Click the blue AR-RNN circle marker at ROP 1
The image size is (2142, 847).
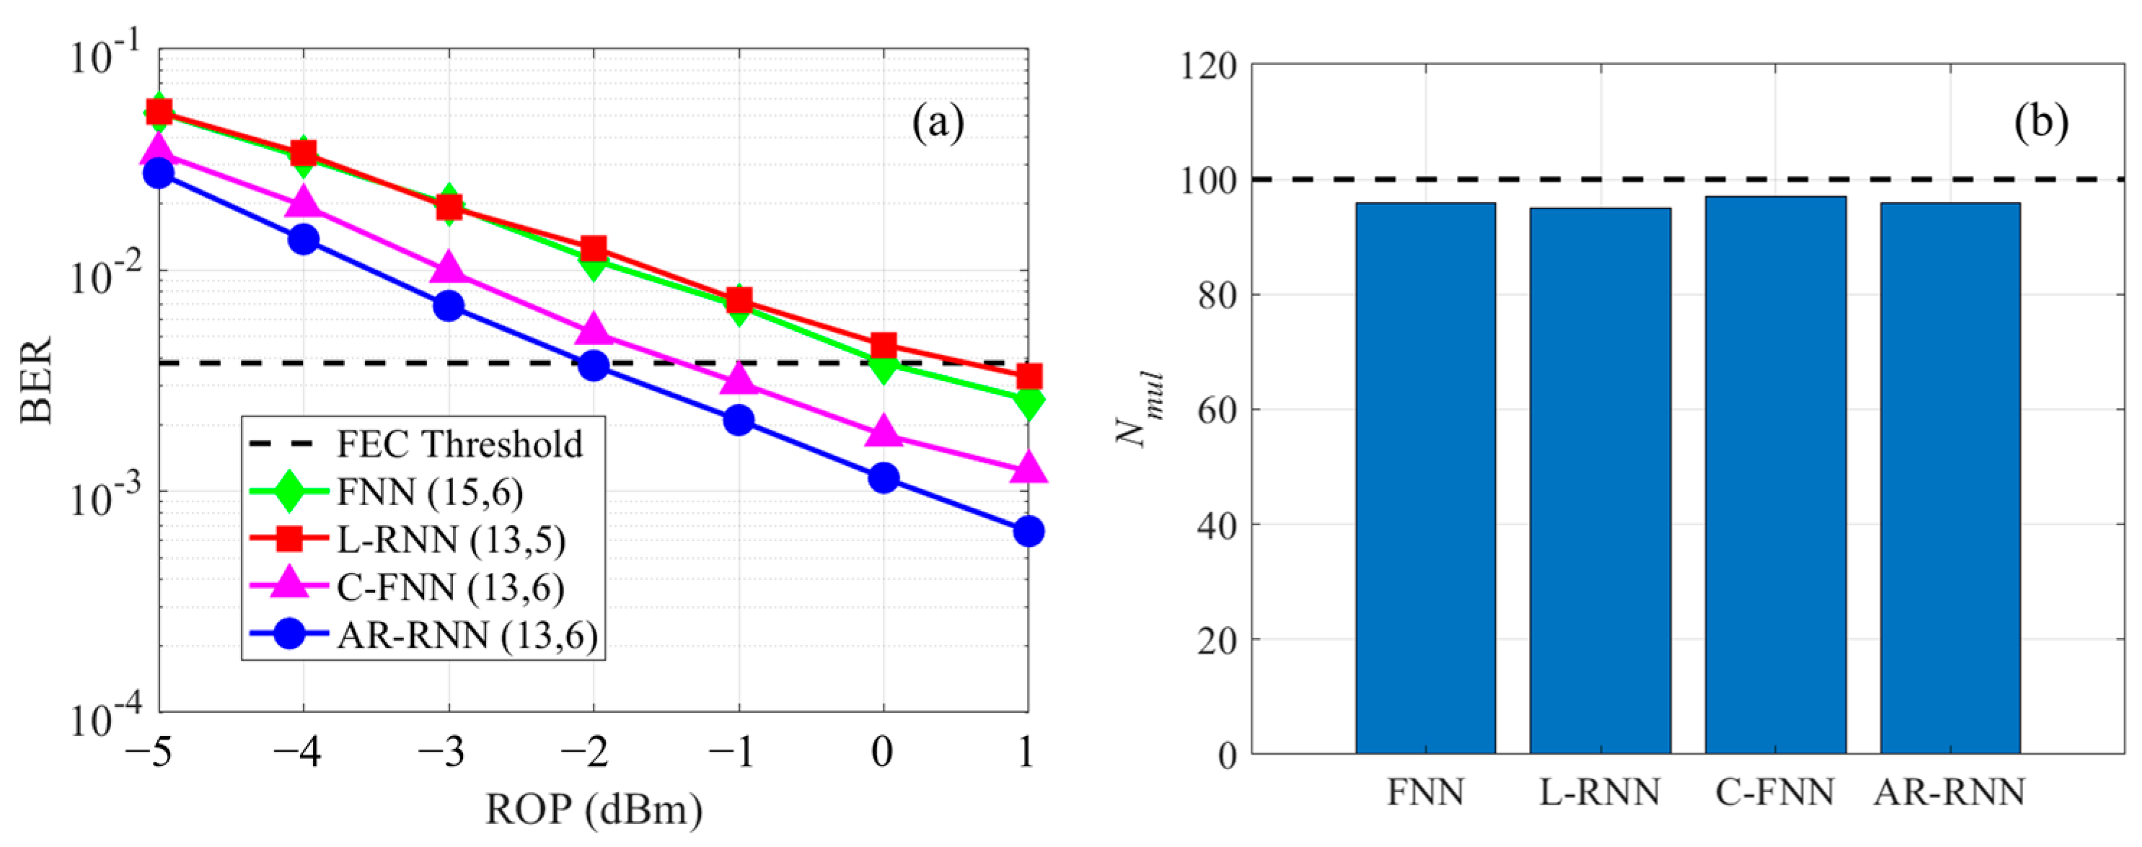[x=1028, y=531]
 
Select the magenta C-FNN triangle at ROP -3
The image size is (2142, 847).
[x=448, y=270]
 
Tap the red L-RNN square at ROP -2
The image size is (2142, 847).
[x=593, y=249]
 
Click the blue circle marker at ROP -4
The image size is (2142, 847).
[x=304, y=240]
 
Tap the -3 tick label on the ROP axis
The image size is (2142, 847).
[x=441, y=754]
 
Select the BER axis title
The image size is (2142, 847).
[x=37, y=380]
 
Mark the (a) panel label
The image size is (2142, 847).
[x=938, y=123]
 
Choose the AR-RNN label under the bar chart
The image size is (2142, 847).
[x=1949, y=793]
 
